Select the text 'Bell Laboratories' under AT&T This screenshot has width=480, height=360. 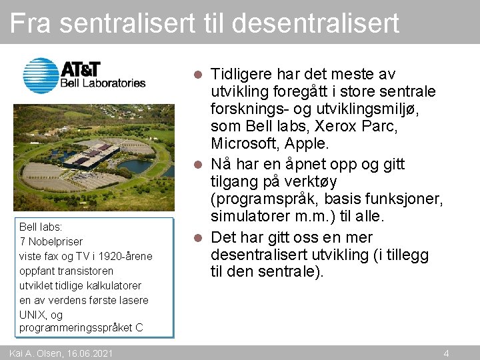pyautogui.click(x=103, y=83)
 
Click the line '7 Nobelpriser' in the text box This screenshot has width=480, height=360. pyautogui.click(x=51, y=241)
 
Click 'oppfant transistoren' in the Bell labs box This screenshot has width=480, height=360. pyautogui.click(x=67, y=271)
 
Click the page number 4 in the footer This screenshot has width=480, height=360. pyautogui.click(x=446, y=353)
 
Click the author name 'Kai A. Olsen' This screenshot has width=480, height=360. pyautogui.click(x=33, y=353)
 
